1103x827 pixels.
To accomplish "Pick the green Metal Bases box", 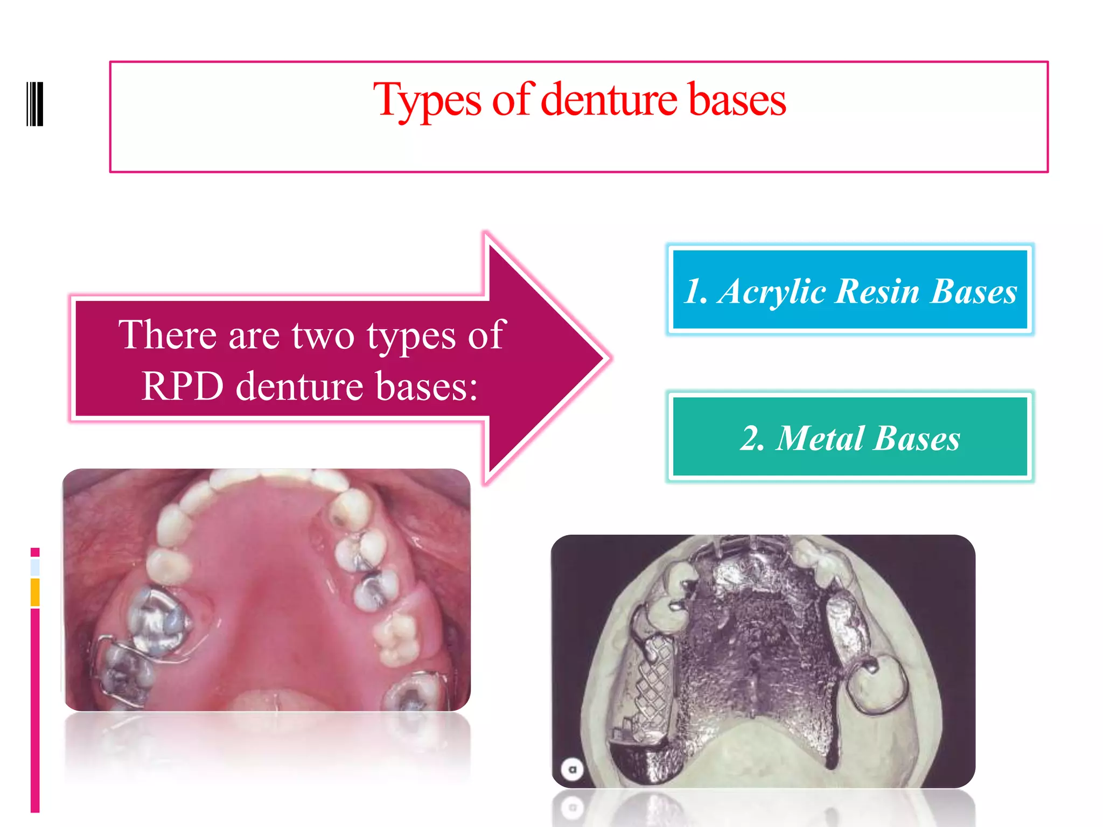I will tap(850, 437).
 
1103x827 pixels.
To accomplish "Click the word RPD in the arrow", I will tap(182, 386).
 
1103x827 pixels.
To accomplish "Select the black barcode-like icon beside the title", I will tap(35, 104).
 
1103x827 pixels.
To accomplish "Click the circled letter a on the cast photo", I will tap(573, 769).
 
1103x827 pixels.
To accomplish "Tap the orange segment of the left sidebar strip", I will tap(35, 592).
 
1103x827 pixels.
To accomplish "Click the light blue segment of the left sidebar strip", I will tap(35, 567).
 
